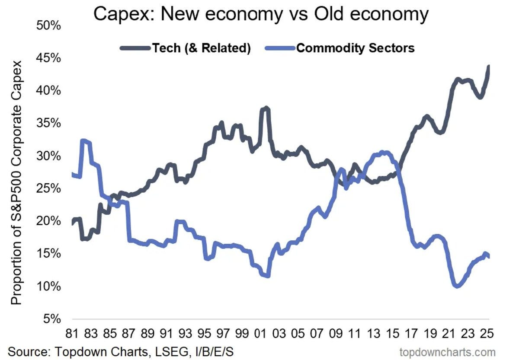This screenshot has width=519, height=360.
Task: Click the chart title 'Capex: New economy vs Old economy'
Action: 261,14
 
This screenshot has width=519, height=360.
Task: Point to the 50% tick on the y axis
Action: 51,25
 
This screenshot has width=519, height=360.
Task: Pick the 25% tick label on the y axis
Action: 51,188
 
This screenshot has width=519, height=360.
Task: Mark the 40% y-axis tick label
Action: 51,91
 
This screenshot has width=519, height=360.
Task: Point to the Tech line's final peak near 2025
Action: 488,67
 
